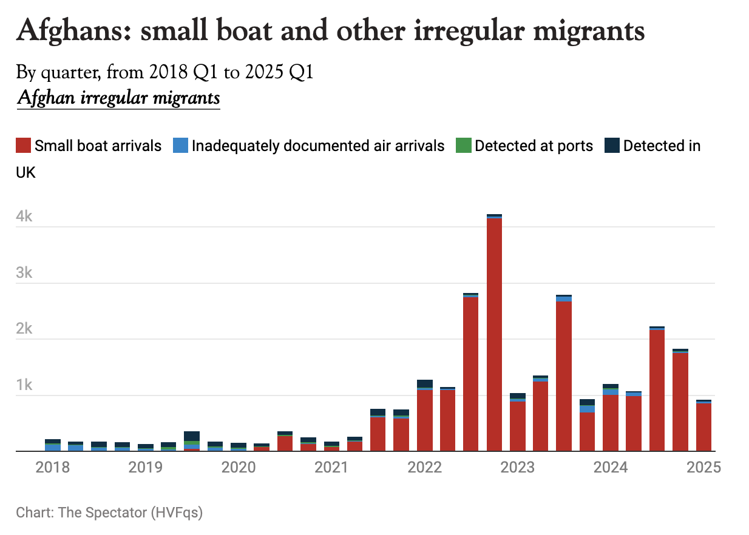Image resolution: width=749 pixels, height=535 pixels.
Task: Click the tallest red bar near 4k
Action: pos(494,334)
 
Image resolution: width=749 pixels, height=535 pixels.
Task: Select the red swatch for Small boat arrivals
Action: pos(23,146)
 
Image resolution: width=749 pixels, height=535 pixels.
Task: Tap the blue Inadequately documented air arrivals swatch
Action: pos(180,146)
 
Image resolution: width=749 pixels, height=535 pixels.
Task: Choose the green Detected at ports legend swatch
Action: pos(464,146)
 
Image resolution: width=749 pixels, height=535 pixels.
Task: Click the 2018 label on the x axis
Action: pos(52,468)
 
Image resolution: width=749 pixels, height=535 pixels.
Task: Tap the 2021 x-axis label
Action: pos(331,468)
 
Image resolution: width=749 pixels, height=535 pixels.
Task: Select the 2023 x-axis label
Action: pos(518,468)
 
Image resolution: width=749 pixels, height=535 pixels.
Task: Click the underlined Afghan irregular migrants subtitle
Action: pos(118,97)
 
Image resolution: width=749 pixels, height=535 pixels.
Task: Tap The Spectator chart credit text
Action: pos(109,513)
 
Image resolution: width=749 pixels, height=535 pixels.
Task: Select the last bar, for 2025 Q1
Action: pos(703,427)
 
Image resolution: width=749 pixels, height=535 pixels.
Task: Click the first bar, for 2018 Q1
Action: pos(53,446)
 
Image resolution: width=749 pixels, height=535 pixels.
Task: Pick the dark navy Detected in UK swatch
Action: pos(612,146)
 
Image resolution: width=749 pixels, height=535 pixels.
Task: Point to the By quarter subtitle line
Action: pos(164,73)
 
